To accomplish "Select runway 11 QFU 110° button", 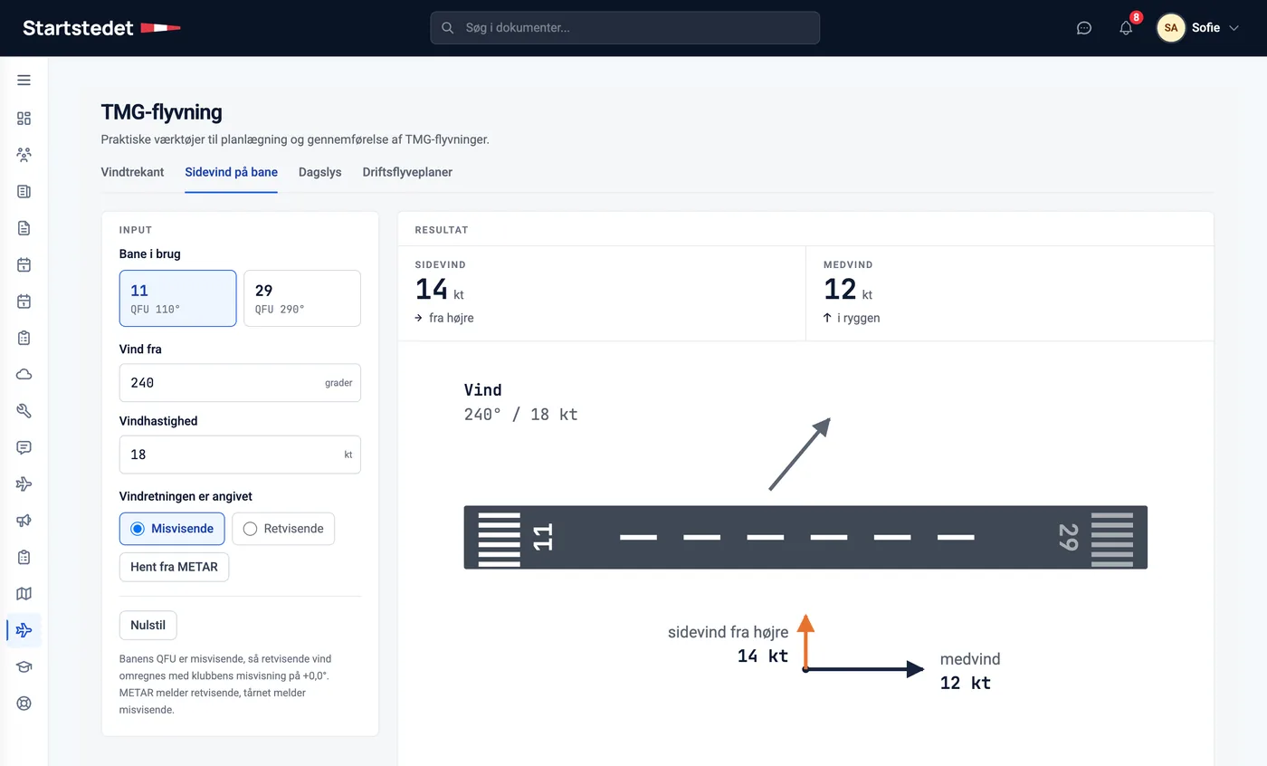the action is point(177,298).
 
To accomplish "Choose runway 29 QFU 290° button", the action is point(302,298).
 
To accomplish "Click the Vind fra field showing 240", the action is point(240,382).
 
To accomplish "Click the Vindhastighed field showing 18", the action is point(240,455).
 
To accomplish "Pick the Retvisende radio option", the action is point(283,529).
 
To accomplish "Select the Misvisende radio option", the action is point(172,529).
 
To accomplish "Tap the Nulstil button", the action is point(148,625).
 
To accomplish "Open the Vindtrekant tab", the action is point(132,172).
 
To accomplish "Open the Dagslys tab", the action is point(320,172).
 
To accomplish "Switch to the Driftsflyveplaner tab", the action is point(407,172).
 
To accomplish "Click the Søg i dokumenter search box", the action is point(624,28).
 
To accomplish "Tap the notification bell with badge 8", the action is point(1126,28).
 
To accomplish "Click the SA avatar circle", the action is point(1171,28).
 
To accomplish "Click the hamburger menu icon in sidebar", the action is point(24,81).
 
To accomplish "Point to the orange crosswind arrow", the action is point(805,642).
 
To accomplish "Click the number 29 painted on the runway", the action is point(1069,537).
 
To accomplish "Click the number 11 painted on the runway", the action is point(542,537).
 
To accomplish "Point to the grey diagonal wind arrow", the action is point(800,454).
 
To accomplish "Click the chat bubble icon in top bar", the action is point(1084,28).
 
